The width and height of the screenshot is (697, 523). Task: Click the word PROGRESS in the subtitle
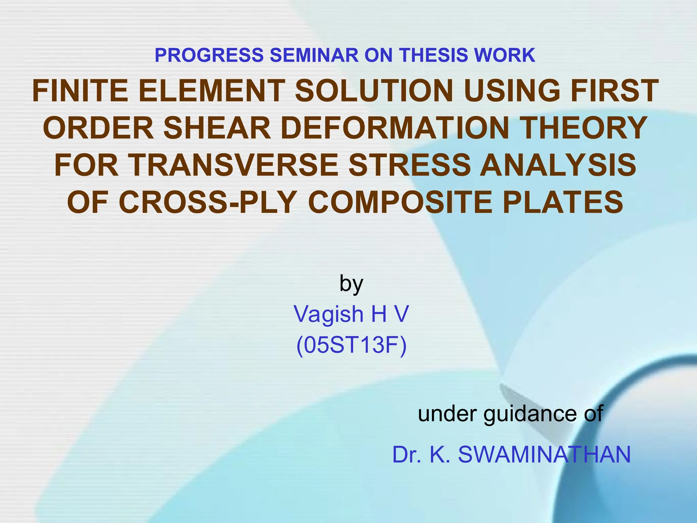pyautogui.click(x=209, y=55)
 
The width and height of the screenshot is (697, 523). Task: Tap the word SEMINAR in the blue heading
pyautogui.click(x=314, y=55)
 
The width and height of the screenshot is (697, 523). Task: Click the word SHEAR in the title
pyautogui.click(x=217, y=128)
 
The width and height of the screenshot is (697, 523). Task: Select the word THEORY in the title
pyautogui.click(x=584, y=128)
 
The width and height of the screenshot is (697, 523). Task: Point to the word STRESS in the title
pyautogui.click(x=410, y=165)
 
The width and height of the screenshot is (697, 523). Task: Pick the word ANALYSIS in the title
pyautogui.click(x=558, y=165)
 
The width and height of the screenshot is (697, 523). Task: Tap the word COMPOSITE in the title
pyautogui.click(x=400, y=203)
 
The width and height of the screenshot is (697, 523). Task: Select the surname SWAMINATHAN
pyautogui.click(x=544, y=455)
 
